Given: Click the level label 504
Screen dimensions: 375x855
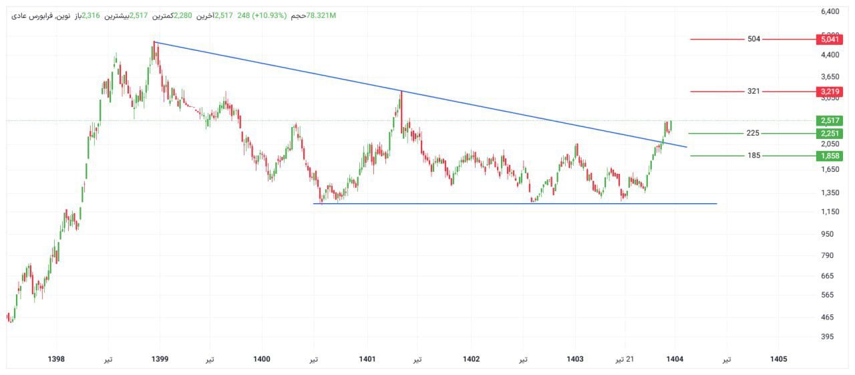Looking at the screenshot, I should point(753,39).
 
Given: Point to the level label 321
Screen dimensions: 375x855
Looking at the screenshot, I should point(753,92).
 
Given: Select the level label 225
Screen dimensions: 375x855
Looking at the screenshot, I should point(753,134).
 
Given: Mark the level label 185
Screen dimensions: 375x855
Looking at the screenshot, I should point(753,156).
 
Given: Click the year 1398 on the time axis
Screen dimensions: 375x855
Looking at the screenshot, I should point(57,360).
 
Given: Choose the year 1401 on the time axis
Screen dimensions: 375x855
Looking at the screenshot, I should point(367,360).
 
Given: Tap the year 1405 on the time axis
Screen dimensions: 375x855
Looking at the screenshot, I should point(778,360).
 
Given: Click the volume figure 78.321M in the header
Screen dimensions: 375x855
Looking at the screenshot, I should point(321,15).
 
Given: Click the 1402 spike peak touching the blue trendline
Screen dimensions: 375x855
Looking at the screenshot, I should point(401,92).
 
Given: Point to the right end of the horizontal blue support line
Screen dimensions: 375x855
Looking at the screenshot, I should point(716,203).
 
